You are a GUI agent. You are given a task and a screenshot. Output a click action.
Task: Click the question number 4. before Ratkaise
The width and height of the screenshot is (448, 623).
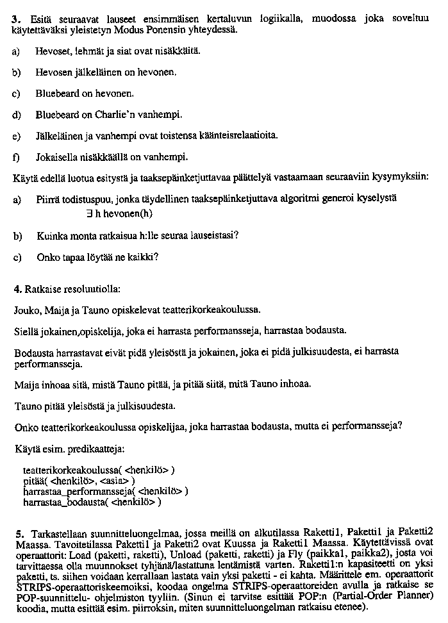click(x=17, y=289)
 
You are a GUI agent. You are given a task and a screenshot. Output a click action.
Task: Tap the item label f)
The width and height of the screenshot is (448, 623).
click(x=15, y=157)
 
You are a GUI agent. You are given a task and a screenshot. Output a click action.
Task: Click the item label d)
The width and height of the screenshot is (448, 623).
click(x=16, y=115)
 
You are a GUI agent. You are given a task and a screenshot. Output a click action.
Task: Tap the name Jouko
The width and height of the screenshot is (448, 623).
click(x=26, y=310)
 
